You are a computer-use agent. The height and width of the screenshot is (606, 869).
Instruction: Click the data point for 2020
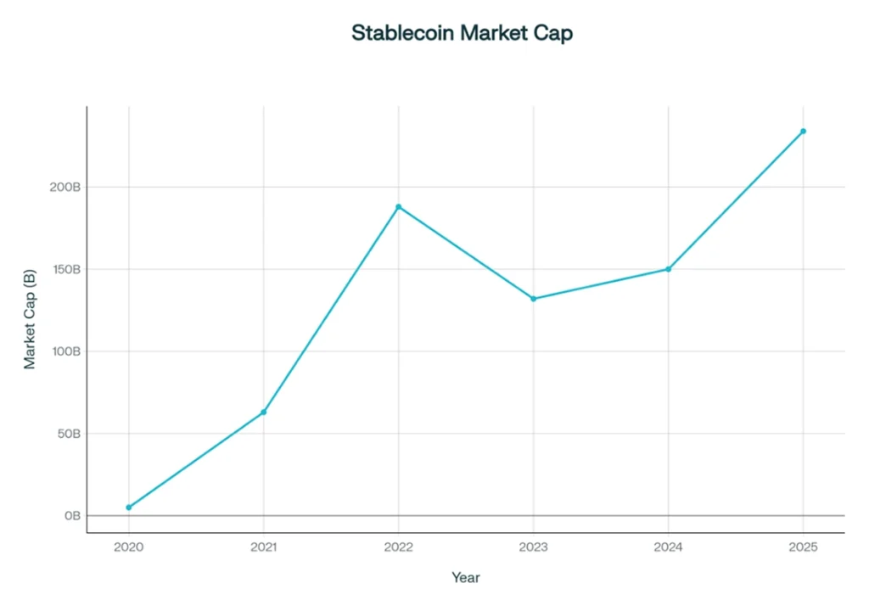point(129,508)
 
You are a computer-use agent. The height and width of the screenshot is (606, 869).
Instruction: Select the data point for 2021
point(264,412)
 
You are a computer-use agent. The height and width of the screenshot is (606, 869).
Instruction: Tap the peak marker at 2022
point(398,206)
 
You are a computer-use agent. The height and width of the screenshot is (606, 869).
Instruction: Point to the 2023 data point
point(533,299)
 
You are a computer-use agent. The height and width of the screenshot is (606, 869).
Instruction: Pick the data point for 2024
point(668,269)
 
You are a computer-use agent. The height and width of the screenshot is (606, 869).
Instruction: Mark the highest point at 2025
point(803,131)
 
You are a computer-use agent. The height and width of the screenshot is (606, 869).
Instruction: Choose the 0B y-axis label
point(73,516)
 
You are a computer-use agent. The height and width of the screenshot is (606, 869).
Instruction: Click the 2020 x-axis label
point(129,547)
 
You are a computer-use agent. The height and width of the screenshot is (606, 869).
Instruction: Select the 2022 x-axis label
point(398,547)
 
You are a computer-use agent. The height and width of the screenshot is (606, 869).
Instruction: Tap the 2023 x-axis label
point(533,547)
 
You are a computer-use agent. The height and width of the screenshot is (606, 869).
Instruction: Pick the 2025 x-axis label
point(803,547)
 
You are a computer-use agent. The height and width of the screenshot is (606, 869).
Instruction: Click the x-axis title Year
point(465,578)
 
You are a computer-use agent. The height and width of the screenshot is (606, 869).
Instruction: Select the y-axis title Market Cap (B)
point(30,318)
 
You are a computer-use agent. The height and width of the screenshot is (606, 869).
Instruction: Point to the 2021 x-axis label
point(264,547)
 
